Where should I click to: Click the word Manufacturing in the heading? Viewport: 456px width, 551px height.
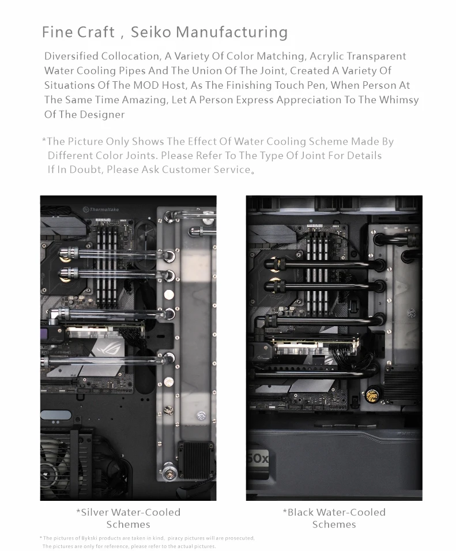tap(232, 33)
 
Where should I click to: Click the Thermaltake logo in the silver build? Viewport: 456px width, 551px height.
tap(101, 209)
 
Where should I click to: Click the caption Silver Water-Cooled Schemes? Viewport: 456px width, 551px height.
tap(129, 518)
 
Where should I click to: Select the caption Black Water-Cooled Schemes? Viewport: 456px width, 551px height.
tap(334, 518)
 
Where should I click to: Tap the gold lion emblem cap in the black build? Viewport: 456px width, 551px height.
tap(372, 395)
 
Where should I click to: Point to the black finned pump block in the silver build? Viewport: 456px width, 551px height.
tap(196, 461)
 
